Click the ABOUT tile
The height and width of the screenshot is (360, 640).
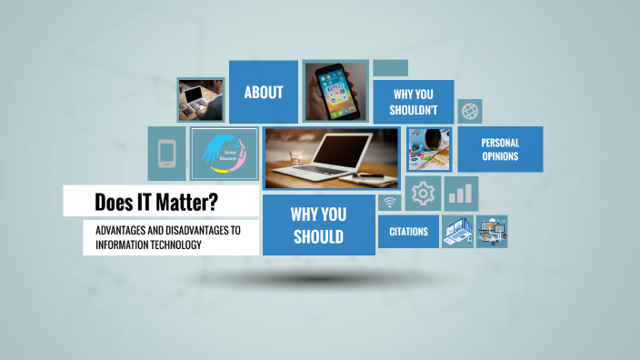pyautogui.click(x=263, y=92)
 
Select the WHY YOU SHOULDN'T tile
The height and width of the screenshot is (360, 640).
pyautogui.click(x=415, y=102)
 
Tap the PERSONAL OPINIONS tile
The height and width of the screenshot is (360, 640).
pyautogui.click(x=500, y=149)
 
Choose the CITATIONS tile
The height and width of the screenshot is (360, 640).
pyautogui.click(x=408, y=232)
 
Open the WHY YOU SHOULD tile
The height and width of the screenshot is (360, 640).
pyautogui.click(x=317, y=225)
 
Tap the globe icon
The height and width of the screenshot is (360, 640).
pyautogui.click(x=470, y=111)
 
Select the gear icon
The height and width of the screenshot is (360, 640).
pyautogui.click(x=423, y=194)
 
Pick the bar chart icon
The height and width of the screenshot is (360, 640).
pyautogui.click(x=462, y=194)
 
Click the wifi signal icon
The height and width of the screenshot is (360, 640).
pyautogui.click(x=390, y=203)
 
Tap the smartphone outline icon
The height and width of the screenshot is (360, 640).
pyautogui.click(x=166, y=154)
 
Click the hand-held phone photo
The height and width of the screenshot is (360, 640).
pyautogui.click(x=335, y=91)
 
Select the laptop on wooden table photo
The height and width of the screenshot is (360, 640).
pyautogui.click(x=331, y=158)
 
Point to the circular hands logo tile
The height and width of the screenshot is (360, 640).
pyautogui.click(x=225, y=154)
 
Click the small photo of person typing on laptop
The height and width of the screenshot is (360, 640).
pyautogui.click(x=200, y=99)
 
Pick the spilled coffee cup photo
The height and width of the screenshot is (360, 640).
pyautogui.click(x=428, y=149)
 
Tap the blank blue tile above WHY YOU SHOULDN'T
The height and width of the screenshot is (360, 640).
pyautogui.click(x=390, y=68)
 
